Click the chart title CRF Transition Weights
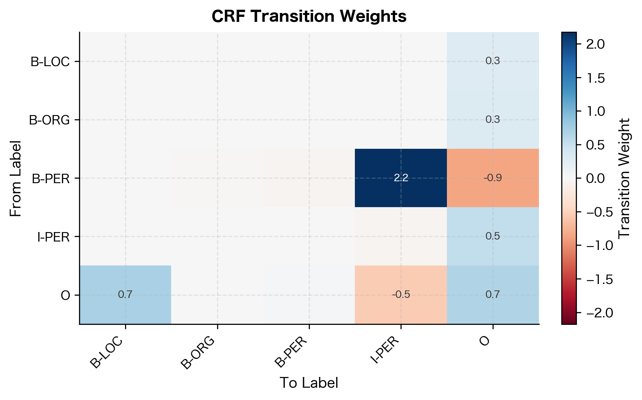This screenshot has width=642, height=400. click(309, 16)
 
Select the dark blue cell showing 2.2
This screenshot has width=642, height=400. click(401, 178)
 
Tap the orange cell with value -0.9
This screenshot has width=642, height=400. click(493, 178)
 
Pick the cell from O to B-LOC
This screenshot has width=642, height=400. click(125, 295)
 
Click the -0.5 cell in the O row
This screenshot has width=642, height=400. click(401, 295)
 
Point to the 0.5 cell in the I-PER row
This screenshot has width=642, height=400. click(493, 236)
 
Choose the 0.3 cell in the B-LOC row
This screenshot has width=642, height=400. click(493, 61)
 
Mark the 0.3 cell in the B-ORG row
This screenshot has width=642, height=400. click(493, 120)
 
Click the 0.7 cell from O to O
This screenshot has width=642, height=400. click(493, 295)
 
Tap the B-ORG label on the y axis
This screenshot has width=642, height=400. click(50, 120)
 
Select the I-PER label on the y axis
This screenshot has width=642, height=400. click(53, 237)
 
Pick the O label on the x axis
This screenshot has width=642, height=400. click(485, 342)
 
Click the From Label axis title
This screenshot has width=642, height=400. click(15, 178)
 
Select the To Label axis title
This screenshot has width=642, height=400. click(309, 383)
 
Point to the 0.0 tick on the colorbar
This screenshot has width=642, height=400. click(595, 178)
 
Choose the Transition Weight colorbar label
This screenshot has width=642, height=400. click(624, 178)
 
